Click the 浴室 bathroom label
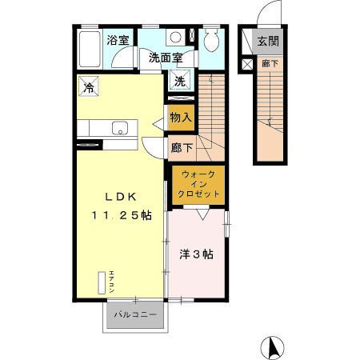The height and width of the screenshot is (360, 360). (118, 40)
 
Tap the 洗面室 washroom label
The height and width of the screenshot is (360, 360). (166, 58)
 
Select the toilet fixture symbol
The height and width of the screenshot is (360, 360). (210, 42)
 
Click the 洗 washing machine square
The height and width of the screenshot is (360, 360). (181, 80)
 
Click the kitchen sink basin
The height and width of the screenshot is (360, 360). (119, 127)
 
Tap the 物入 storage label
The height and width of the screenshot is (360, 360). (181, 118)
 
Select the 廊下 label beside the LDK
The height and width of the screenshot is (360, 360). (182, 147)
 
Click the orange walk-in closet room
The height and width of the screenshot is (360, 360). (197, 184)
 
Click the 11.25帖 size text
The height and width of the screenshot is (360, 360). (120, 216)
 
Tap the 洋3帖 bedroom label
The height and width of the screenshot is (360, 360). (195, 254)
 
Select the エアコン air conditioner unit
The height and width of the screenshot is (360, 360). (102, 284)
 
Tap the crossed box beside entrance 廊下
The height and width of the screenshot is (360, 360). (246, 63)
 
